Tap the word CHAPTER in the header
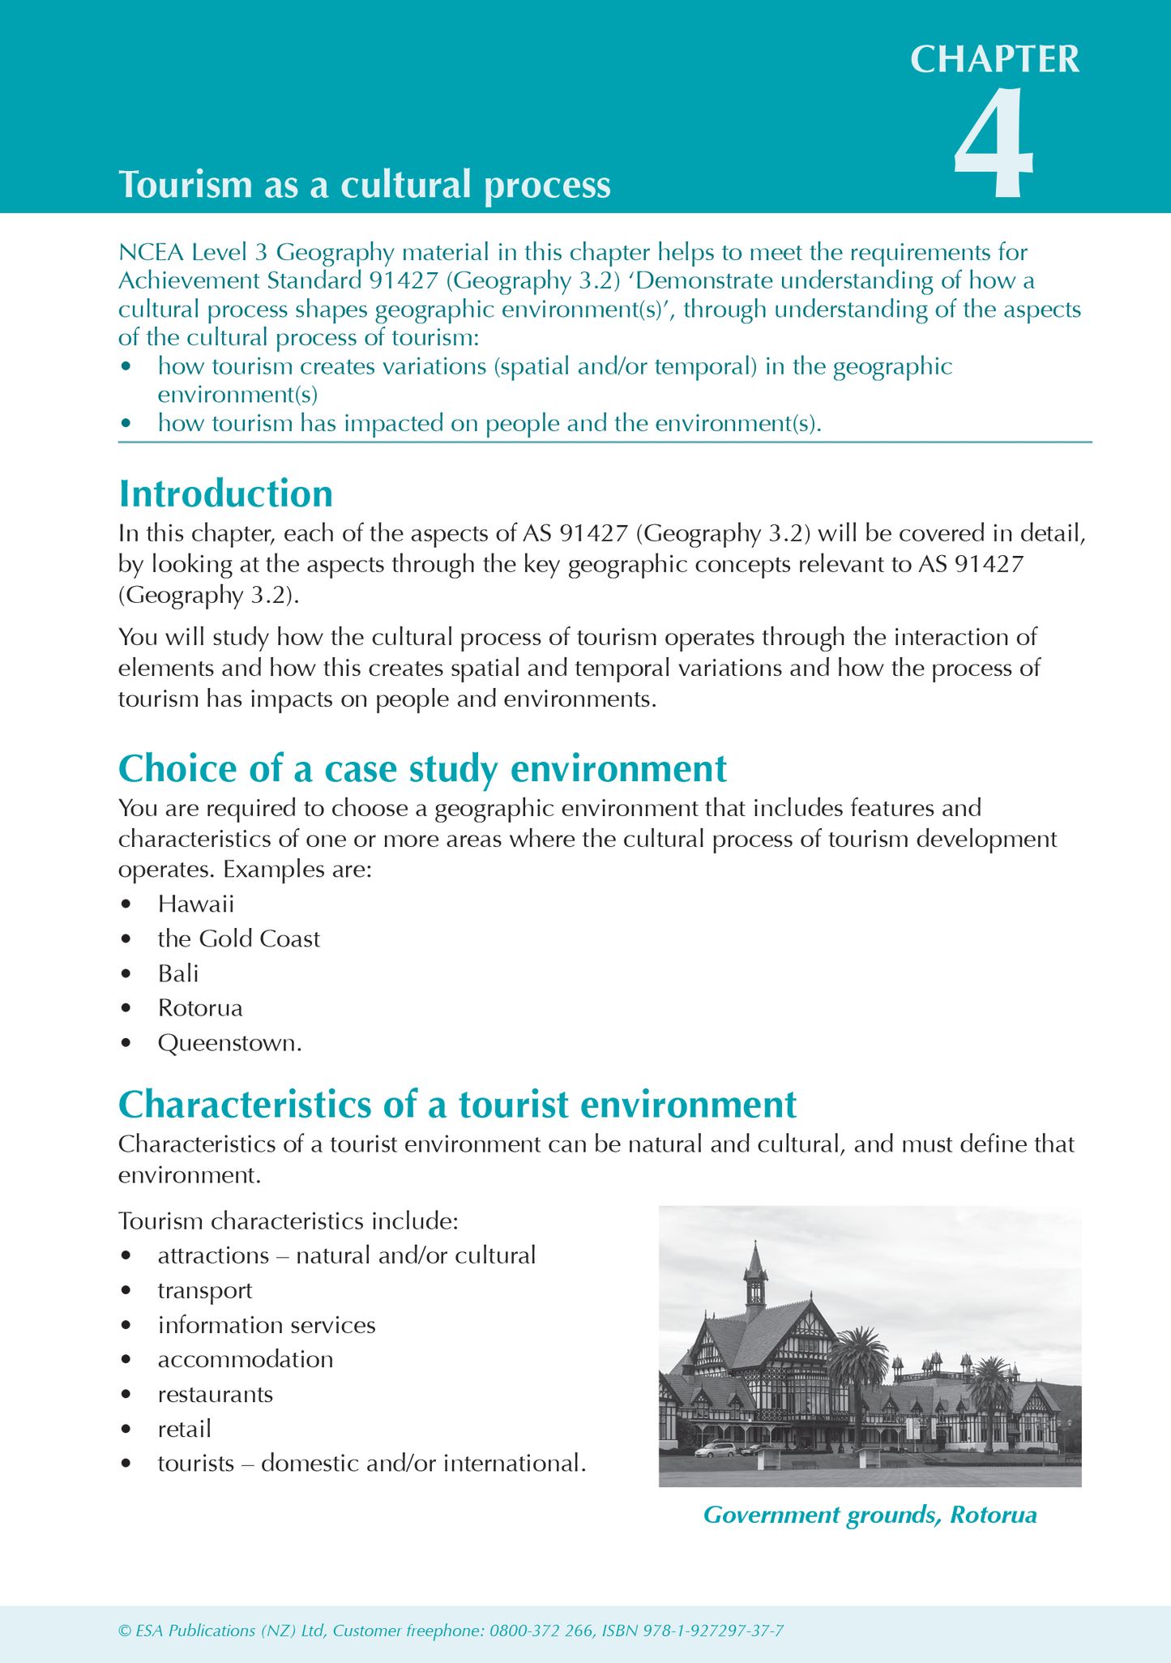pos(994,59)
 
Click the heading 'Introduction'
pos(225,494)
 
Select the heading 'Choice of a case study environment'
pos(422,768)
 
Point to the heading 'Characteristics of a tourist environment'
pos(457,1104)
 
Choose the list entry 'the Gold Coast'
pos(238,938)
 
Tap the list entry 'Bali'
pos(178,973)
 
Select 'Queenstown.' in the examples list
pos(229,1043)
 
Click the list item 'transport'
pos(205,1290)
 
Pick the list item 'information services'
pos(267,1325)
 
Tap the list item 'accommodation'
pos(246,1359)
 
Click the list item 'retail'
pos(185,1429)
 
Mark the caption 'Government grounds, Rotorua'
pos(870,1515)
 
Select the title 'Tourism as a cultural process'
pos(365,185)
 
